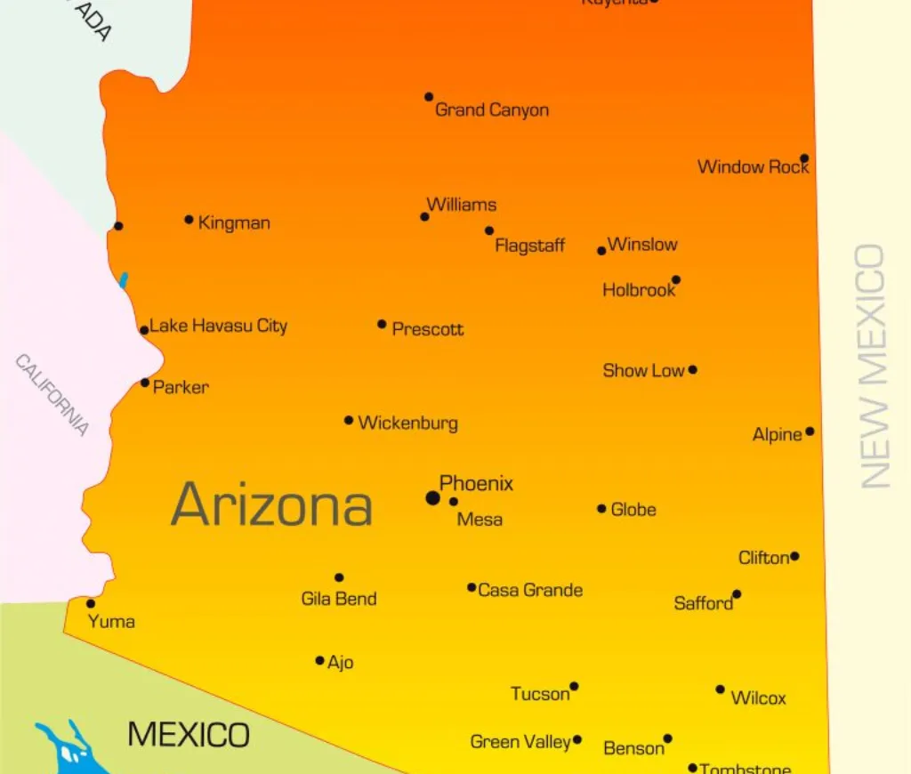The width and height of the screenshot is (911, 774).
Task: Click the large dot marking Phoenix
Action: [433, 498]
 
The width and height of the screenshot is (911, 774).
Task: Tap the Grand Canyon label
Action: [491, 110]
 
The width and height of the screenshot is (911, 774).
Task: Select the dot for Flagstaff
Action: [489, 230]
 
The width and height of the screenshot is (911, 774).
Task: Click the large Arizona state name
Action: [271, 504]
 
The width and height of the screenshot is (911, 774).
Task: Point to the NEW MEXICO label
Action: [874, 366]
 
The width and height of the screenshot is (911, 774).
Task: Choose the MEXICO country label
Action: [189, 735]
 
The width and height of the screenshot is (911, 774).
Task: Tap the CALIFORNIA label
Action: [52, 395]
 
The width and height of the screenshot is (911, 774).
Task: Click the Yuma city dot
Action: [91, 603]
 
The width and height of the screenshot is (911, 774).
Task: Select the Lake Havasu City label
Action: [219, 326]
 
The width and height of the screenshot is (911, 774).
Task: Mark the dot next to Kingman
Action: [189, 220]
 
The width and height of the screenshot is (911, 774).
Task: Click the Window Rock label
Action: [753, 166]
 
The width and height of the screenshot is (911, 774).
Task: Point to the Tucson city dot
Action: [574, 686]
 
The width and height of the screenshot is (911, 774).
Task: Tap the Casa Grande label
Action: [530, 590]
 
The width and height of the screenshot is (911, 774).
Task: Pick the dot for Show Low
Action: [692, 370]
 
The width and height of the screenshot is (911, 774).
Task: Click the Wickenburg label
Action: [407, 423]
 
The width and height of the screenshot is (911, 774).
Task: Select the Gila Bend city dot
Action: [339, 577]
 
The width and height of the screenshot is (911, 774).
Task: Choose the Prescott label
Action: [428, 329]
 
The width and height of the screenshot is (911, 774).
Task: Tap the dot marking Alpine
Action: [810, 431]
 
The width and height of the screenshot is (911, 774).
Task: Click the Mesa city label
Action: [480, 520]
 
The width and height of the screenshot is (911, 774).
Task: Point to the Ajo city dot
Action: [320, 660]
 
